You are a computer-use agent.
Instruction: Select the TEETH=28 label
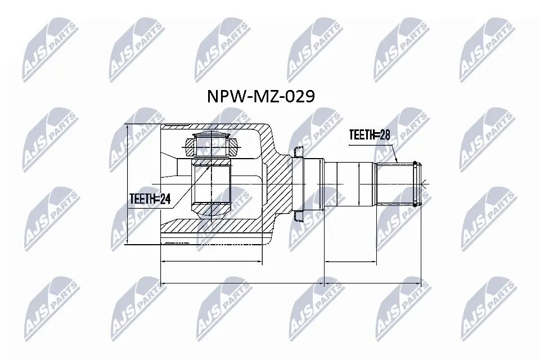(x=369, y=135)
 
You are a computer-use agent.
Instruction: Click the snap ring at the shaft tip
(x=416, y=184)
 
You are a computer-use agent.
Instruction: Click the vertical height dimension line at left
(x=128, y=184)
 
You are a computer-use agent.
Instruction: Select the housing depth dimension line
(x=211, y=262)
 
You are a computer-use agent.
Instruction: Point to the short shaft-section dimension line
(x=350, y=262)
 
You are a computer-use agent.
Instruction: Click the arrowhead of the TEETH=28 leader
(x=398, y=161)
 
